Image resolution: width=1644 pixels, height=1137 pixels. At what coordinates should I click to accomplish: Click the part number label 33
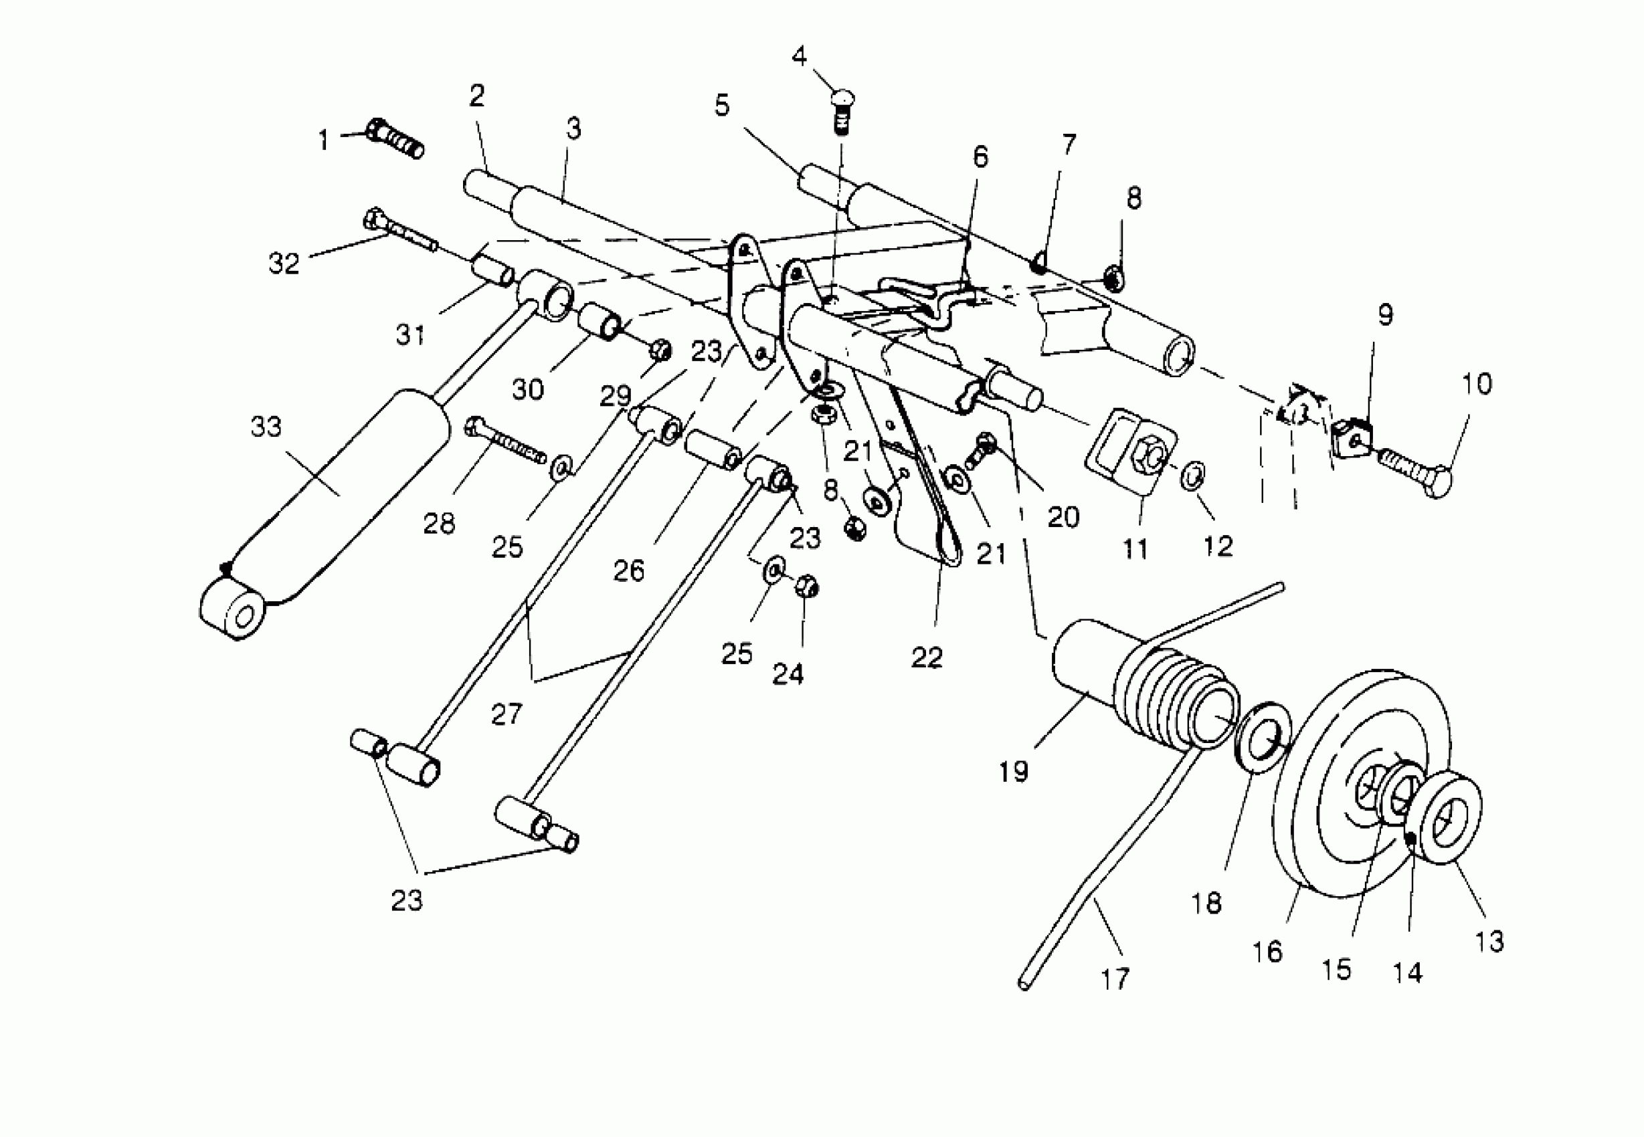(x=266, y=427)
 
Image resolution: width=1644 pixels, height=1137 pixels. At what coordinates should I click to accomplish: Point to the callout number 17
(x=1115, y=980)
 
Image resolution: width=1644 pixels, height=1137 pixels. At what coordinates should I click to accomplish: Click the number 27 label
(x=506, y=714)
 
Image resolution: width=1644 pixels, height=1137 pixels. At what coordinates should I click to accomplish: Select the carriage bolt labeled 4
(x=843, y=107)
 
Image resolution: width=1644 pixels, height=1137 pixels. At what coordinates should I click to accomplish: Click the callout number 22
(x=927, y=657)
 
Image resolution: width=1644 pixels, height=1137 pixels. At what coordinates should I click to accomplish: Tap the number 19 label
(x=1013, y=771)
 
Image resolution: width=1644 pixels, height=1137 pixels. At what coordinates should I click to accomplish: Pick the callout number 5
(x=722, y=106)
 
